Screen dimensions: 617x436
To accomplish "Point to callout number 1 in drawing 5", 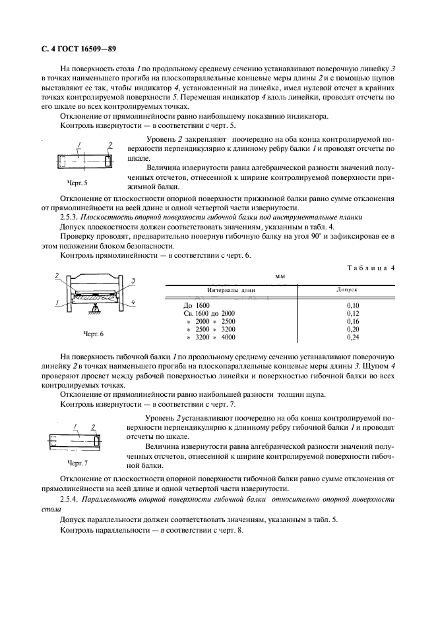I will tap(78, 144).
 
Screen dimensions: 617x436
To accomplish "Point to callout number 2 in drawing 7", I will tap(94, 426).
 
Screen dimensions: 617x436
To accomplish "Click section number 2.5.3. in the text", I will tap(72, 217).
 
